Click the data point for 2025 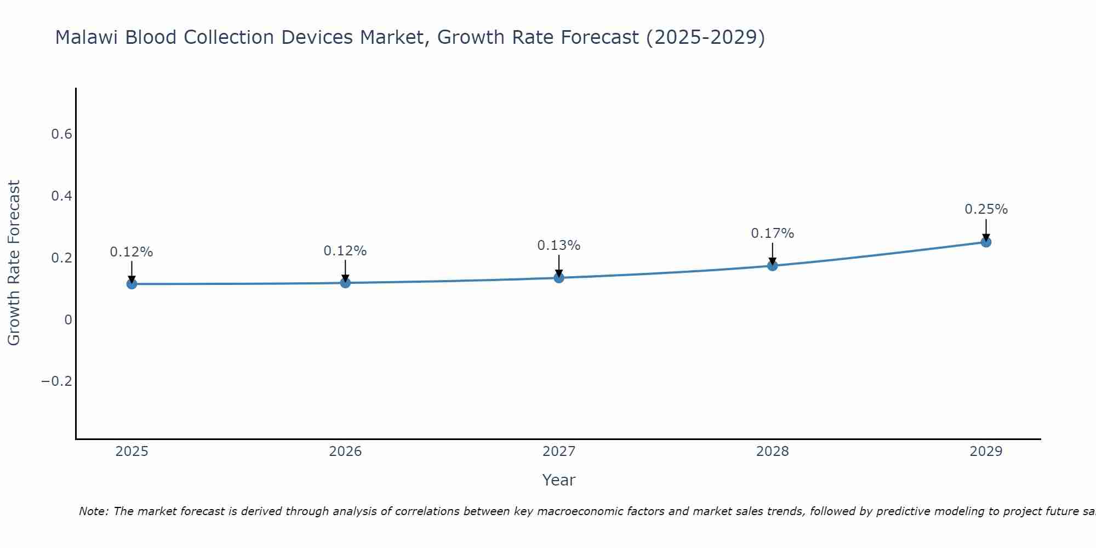pyautogui.click(x=132, y=283)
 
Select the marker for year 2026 pyautogui.click(x=345, y=282)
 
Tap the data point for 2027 pyautogui.click(x=559, y=278)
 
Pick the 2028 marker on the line pyautogui.click(x=773, y=266)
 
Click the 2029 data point pyautogui.click(x=986, y=242)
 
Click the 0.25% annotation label pyautogui.click(x=986, y=209)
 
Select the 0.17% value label pyautogui.click(x=772, y=233)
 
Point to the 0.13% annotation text pyautogui.click(x=558, y=246)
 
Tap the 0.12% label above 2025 pyautogui.click(x=132, y=252)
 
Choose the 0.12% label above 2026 pyautogui.click(x=345, y=251)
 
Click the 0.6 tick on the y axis pyautogui.click(x=62, y=134)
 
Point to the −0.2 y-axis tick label pyautogui.click(x=57, y=381)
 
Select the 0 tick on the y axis pyautogui.click(x=68, y=319)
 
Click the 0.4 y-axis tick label pyautogui.click(x=62, y=196)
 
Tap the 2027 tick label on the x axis pyautogui.click(x=559, y=452)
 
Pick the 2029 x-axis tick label pyautogui.click(x=986, y=452)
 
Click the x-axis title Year pyautogui.click(x=558, y=480)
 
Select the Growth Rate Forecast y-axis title pyautogui.click(x=14, y=262)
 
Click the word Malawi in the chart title pyautogui.click(x=88, y=37)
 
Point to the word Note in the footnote pyautogui.click(x=93, y=511)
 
